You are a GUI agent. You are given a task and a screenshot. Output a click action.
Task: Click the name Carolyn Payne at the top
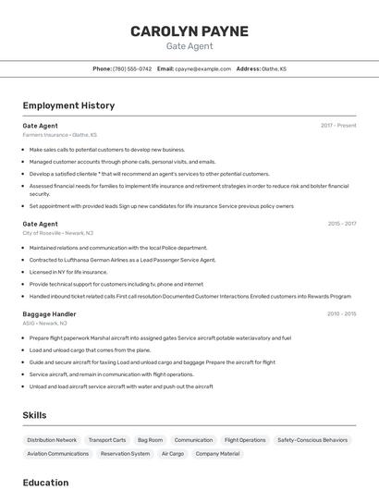click(x=189, y=31)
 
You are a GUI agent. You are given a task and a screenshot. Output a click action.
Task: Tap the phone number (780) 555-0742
click(x=132, y=68)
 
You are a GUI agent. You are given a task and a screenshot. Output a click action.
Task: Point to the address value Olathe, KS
click(x=274, y=68)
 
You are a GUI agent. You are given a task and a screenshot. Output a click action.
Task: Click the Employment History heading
click(x=68, y=105)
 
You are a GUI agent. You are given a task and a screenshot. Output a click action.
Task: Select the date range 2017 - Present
click(x=338, y=126)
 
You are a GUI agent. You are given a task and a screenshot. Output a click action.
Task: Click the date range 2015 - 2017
click(x=341, y=224)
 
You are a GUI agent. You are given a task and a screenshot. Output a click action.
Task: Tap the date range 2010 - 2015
click(x=341, y=314)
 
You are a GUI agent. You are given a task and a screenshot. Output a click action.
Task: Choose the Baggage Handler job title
click(x=49, y=314)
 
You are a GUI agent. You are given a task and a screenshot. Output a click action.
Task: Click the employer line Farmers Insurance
click(x=59, y=135)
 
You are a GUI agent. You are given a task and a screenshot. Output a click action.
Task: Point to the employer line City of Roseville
click(x=57, y=233)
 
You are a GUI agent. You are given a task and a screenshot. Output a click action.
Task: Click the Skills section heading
click(x=34, y=416)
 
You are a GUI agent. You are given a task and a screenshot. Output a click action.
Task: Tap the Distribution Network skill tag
click(x=52, y=440)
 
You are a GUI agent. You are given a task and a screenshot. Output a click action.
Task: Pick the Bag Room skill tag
click(x=150, y=440)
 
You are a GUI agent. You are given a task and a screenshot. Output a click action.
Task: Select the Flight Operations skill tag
click(x=245, y=440)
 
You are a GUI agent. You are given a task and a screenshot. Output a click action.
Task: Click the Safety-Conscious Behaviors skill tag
click(x=312, y=440)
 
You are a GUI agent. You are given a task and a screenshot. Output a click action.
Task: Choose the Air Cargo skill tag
click(x=173, y=454)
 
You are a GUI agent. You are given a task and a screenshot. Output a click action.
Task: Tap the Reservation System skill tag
click(x=125, y=454)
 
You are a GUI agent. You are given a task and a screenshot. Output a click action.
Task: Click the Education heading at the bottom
click(x=45, y=483)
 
